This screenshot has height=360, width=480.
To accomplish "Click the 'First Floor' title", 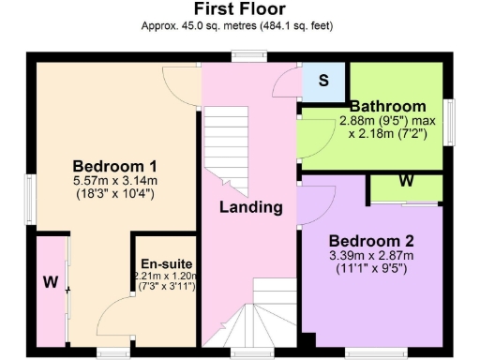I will (x=239, y=11).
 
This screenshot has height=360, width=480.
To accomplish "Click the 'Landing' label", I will (x=251, y=206).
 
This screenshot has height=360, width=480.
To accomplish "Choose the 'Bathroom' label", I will (x=387, y=106).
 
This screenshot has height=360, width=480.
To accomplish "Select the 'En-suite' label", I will (x=163, y=264).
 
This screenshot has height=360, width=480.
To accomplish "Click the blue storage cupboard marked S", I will (x=323, y=81).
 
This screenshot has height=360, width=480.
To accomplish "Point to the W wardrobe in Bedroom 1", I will (x=49, y=281).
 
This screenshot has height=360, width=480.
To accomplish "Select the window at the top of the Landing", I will (x=249, y=55).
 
